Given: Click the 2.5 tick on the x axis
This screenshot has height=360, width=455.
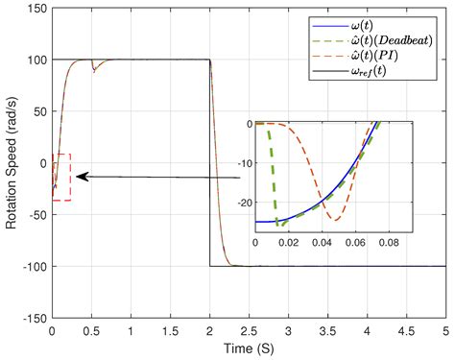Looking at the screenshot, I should click(249, 330).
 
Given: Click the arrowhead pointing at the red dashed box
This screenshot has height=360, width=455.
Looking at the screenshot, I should click(80, 177).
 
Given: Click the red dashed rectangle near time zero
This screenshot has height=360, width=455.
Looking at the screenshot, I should click(61, 177).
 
